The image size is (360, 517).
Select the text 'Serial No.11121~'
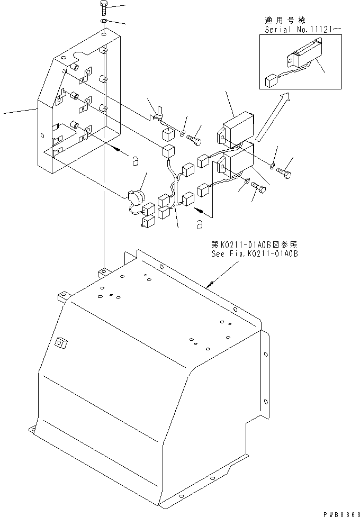tap(298, 30)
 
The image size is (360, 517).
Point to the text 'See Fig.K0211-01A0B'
tap(254, 254)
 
